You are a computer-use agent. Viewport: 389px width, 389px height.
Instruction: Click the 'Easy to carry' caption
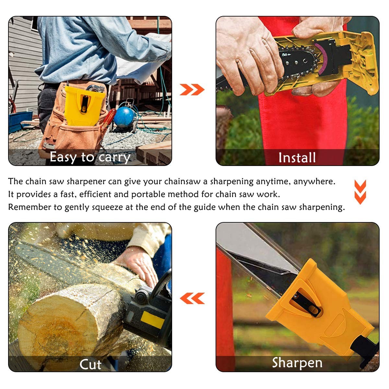point(90,157)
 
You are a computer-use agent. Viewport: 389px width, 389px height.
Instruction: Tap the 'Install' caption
point(297,158)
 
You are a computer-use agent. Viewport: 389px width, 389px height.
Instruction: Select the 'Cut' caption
point(90,364)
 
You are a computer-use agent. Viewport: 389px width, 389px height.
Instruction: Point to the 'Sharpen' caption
point(297,363)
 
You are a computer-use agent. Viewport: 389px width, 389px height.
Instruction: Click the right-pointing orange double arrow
point(192,89)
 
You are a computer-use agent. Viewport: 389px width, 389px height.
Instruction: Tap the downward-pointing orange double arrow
point(360,192)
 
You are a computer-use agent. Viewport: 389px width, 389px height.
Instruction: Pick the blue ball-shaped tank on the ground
point(124,117)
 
